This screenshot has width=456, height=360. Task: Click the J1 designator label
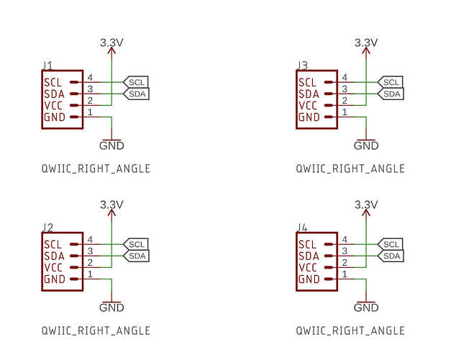pos(47,66)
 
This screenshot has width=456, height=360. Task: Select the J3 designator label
pos(303,66)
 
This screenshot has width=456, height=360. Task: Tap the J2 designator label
pos(47,228)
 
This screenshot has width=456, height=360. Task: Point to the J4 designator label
pos(303,228)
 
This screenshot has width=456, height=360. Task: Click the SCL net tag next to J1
pos(137,82)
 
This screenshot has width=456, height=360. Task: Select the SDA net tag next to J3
pos(391,94)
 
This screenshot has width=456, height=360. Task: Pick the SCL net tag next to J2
pos(137,244)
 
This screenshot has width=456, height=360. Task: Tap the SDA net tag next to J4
pos(391,256)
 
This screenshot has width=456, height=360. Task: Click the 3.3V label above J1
pos(111,43)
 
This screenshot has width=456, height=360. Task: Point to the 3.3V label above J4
pos(366,205)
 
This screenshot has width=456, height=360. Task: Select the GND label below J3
pos(366,145)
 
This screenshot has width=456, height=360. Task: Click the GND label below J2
pos(111,307)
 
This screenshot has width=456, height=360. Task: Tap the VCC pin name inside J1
pos(55,105)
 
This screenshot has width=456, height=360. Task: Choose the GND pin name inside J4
pos(308,279)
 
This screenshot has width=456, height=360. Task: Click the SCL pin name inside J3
pos(307,82)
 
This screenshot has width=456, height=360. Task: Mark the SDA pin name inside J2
pos(54,256)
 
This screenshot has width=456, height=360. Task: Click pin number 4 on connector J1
pos(91,77)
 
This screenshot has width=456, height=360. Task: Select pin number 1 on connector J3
pos(345,112)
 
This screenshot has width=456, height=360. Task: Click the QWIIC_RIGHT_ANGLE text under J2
pos(96,330)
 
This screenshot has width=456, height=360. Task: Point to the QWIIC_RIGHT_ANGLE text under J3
pos(350,168)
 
